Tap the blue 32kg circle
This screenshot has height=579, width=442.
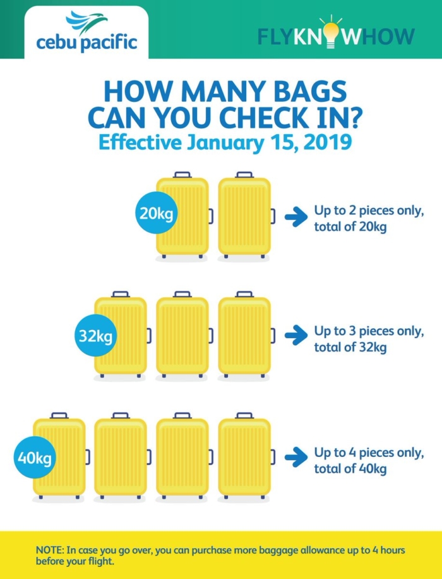click(x=95, y=336)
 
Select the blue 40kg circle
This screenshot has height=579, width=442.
click(x=35, y=456)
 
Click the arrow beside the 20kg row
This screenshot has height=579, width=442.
click(x=294, y=216)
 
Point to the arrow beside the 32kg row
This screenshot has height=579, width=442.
click(x=294, y=336)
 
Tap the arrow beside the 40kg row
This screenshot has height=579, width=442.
click(x=294, y=456)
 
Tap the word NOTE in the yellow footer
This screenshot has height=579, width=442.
click(x=49, y=551)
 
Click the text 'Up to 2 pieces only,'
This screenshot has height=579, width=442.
click(x=369, y=211)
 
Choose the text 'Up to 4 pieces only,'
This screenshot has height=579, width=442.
click(x=369, y=453)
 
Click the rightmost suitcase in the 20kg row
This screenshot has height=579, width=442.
click(x=245, y=216)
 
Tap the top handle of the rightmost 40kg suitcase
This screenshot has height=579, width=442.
click(x=244, y=415)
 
